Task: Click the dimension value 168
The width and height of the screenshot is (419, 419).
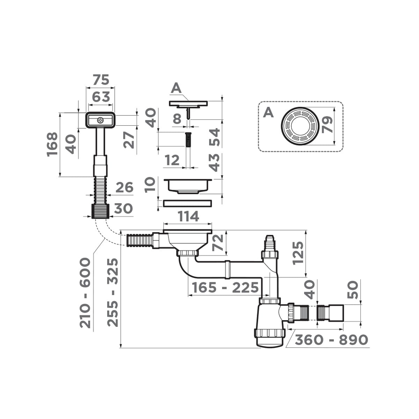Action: [52, 145]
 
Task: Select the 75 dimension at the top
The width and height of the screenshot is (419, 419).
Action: [101, 80]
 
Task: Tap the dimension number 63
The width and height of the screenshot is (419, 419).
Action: [101, 97]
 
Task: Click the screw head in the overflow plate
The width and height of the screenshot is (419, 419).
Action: [100, 120]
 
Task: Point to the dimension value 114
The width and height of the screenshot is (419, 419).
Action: [188, 217]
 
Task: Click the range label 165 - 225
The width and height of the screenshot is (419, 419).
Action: [225, 288]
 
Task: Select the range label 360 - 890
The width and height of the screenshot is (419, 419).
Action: [331, 340]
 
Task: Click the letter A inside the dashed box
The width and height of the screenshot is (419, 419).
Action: [269, 112]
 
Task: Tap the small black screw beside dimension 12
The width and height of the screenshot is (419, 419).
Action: [188, 140]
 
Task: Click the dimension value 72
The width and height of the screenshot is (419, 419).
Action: [217, 243]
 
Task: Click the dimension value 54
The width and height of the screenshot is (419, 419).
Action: [214, 137]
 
